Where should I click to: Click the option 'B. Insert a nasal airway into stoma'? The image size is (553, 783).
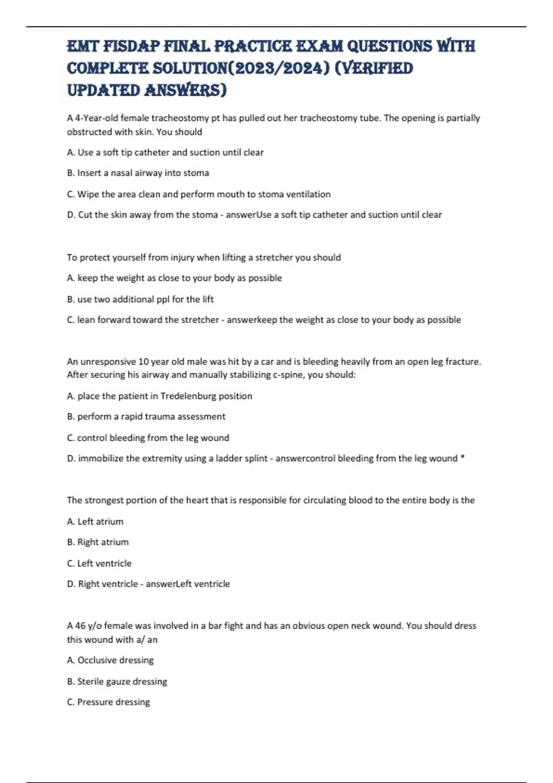[x=138, y=173]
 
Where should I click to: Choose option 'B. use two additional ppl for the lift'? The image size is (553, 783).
[x=140, y=299]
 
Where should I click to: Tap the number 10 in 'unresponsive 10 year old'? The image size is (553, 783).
[x=143, y=362]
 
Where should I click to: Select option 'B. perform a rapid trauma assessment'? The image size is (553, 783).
[x=146, y=417]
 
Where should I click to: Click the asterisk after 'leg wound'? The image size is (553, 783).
[x=463, y=459]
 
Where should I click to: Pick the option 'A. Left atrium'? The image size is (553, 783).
[x=95, y=522]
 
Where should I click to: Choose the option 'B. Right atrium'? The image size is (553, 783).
[x=98, y=542]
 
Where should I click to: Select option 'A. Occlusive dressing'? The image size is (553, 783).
[x=110, y=660]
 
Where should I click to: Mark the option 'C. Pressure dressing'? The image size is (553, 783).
[x=108, y=702]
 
